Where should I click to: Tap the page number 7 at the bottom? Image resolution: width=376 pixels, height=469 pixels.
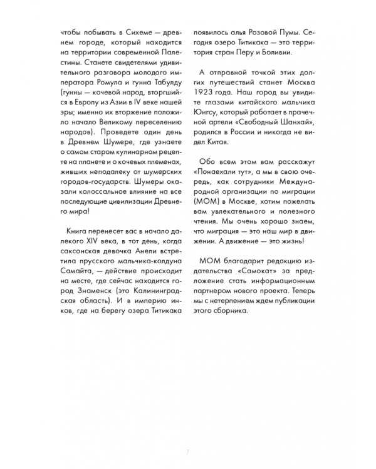pos(188,451)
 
